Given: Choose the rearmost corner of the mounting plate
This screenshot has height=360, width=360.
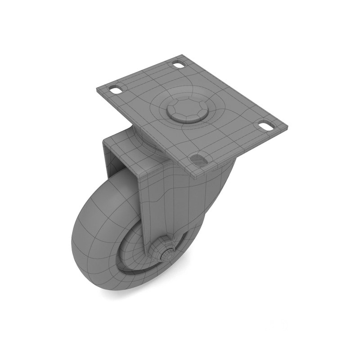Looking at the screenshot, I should pos(182,56).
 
